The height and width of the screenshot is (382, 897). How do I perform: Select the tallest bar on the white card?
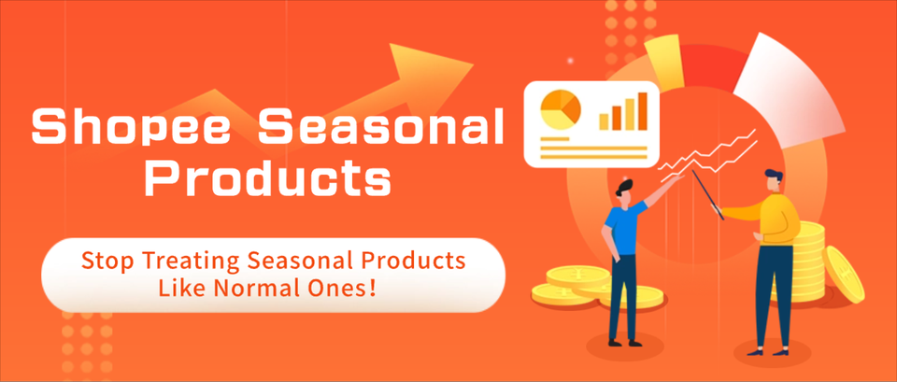point(642,110)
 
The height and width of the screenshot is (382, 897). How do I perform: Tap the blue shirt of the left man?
point(622,225)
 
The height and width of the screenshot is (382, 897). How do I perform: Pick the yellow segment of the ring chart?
point(665,61)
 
